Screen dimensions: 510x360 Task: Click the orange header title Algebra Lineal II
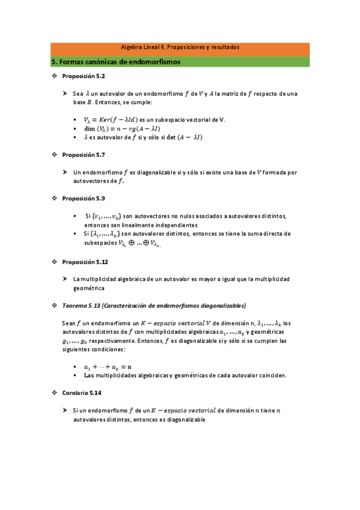pos(180,47)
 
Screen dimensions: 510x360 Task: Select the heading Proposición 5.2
pos(84,78)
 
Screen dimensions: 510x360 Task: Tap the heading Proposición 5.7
pos(84,155)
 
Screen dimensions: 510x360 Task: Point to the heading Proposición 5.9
pos(84,198)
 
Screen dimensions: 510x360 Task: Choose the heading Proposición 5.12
pos(85,262)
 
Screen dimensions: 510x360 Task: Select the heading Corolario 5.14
pos(82,392)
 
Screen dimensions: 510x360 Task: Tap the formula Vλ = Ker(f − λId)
pos(111,120)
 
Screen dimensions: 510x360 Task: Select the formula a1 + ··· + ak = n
pos(108,366)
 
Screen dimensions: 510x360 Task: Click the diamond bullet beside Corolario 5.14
pos(54,392)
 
